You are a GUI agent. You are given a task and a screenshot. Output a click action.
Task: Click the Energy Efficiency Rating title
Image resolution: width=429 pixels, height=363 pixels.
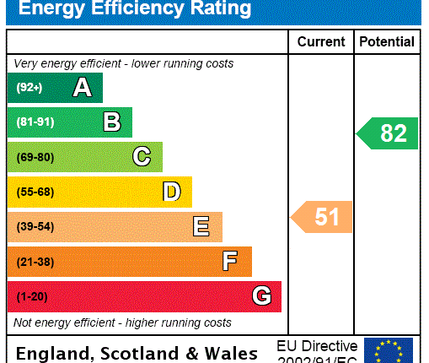(135, 9)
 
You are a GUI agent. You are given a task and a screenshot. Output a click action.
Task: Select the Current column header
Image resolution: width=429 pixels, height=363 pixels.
(321, 41)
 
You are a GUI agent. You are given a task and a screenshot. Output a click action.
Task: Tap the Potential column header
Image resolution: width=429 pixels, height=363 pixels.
(387, 41)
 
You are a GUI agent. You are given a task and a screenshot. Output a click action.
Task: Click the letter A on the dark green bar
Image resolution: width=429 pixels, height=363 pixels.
(82, 88)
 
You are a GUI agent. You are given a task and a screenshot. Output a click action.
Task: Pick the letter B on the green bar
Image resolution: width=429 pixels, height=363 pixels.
(111, 122)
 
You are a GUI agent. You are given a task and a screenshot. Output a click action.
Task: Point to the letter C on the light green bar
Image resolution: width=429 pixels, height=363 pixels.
(142, 157)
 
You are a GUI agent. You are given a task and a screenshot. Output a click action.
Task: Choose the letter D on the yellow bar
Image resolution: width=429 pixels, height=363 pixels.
(171, 192)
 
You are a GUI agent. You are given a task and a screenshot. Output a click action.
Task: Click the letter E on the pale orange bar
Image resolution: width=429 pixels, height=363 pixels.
(201, 226)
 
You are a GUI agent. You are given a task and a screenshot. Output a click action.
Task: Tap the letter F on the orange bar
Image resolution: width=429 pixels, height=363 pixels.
(230, 262)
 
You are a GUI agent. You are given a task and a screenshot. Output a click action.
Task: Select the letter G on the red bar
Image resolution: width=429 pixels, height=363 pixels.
(261, 296)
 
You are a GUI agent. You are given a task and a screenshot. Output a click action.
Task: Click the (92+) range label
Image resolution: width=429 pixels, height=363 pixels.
(29, 88)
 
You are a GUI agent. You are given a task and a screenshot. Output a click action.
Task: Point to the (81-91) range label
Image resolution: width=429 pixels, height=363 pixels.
(35, 122)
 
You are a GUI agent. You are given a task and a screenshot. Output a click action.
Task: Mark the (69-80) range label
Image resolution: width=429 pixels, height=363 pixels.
(35, 157)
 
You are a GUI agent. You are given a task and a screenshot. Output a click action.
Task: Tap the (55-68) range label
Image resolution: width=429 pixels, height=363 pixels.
(35, 192)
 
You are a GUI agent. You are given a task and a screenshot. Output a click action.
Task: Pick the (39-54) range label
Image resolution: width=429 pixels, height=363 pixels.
(35, 226)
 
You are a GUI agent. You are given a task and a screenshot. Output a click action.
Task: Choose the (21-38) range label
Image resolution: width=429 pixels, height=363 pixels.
(35, 262)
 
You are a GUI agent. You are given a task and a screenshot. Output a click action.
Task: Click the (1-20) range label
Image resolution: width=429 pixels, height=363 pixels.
(32, 296)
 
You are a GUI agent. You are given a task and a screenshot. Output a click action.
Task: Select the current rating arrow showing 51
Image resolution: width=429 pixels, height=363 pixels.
(323, 217)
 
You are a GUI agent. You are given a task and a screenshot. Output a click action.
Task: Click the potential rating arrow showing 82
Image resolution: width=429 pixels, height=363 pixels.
(388, 133)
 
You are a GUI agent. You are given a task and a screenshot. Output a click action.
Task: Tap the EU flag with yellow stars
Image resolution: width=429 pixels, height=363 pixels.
(388, 350)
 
